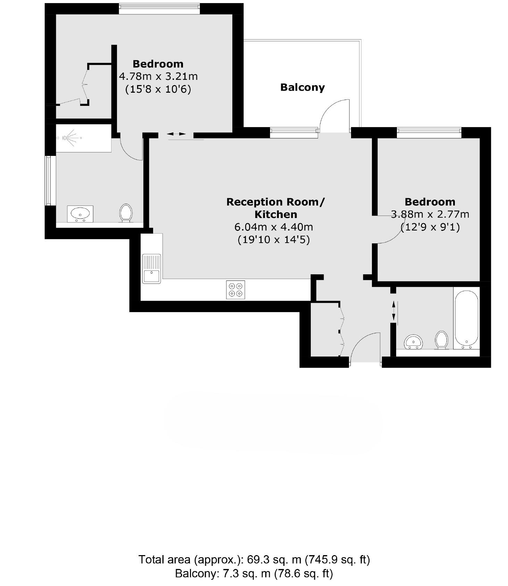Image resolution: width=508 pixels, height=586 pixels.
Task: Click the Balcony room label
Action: coord(302,87)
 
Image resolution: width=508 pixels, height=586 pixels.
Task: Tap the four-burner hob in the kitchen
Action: coord(235,290)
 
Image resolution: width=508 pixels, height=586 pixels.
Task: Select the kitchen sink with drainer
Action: coord(151,269)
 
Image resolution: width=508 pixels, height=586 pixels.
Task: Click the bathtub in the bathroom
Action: coord(466,319)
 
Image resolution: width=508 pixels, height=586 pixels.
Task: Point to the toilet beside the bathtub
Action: coord(441,339)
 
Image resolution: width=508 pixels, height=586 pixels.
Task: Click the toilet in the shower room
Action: coord(126,212)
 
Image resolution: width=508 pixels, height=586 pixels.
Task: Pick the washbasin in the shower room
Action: coord(80,214)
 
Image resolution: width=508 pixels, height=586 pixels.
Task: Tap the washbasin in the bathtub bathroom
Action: coord(414,342)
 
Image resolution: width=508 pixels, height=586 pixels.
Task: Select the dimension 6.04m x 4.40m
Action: coord(274,227)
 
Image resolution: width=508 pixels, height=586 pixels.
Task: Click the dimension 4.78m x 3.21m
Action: coord(158,76)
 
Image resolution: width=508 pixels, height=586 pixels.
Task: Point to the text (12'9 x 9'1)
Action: coord(430,227)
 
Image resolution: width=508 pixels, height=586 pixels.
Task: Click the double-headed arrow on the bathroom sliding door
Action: coord(393,311)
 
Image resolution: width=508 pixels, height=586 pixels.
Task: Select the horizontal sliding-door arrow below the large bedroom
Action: coord(176,134)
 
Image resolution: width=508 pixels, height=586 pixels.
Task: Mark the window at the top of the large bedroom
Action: coord(159,8)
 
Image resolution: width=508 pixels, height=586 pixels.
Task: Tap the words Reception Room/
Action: coord(276,202)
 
